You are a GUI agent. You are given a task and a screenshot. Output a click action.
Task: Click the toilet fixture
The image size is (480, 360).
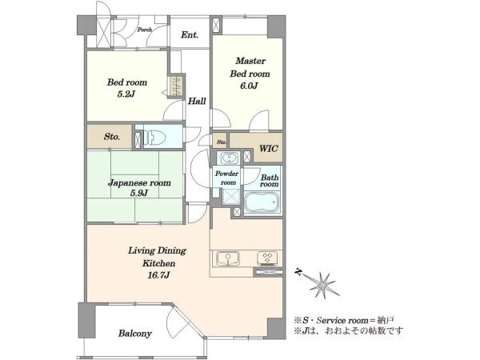pyautogui.click(x=154, y=138)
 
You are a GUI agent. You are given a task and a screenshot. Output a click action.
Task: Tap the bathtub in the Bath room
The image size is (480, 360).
pyautogui.click(x=262, y=202)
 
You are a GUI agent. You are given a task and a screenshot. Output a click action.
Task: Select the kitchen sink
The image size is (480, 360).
pyautogui.click(x=228, y=258)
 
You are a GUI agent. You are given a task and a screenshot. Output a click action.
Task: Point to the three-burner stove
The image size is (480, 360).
pyautogui.click(x=267, y=258)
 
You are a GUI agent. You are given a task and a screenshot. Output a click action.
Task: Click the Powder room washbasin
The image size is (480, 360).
pyautogui.click(x=227, y=158)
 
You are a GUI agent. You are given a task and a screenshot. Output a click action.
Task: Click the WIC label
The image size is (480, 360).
pyautogui.click(x=269, y=149)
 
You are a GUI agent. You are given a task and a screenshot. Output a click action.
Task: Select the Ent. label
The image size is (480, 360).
pyautogui.click(x=190, y=35)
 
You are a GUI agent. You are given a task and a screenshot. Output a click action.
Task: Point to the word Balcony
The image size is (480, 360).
pyautogui.click(x=135, y=334)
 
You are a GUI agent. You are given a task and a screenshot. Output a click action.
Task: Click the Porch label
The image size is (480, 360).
pyautogui.click(x=145, y=30)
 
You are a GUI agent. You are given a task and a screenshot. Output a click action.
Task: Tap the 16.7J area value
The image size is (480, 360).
pyautogui.click(x=158, y=275)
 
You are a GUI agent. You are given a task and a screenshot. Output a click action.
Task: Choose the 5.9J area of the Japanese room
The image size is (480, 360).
pyautogui.click(x=139, y=193)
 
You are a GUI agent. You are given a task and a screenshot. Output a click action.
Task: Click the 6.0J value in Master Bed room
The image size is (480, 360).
pyautogui.click(x=249, y=86)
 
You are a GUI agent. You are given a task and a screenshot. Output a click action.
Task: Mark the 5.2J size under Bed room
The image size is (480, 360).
pyautogui.click(x=126, y=94)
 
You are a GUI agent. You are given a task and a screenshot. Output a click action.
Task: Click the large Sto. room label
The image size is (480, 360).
pyautogui.click(x=112, y=137)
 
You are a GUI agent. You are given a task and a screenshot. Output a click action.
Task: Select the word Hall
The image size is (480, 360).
pyautogui.click(x=197, y=101)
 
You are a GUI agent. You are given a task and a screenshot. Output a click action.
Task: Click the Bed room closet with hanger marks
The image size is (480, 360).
pyautogui.click(x=177, y=86)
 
